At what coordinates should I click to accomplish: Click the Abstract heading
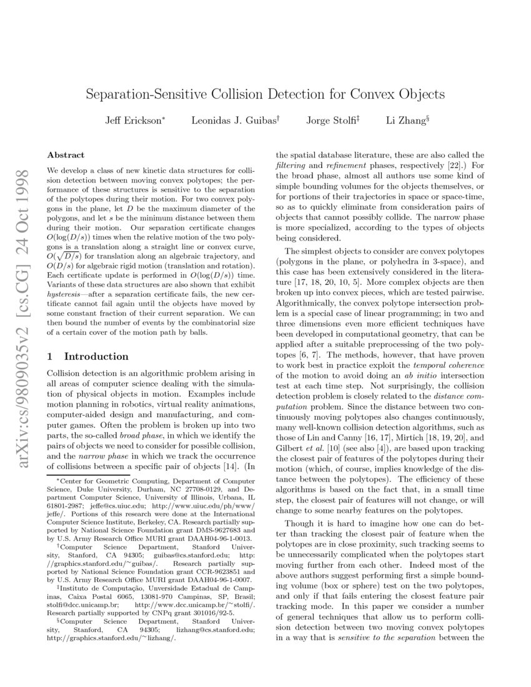(66, 154)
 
